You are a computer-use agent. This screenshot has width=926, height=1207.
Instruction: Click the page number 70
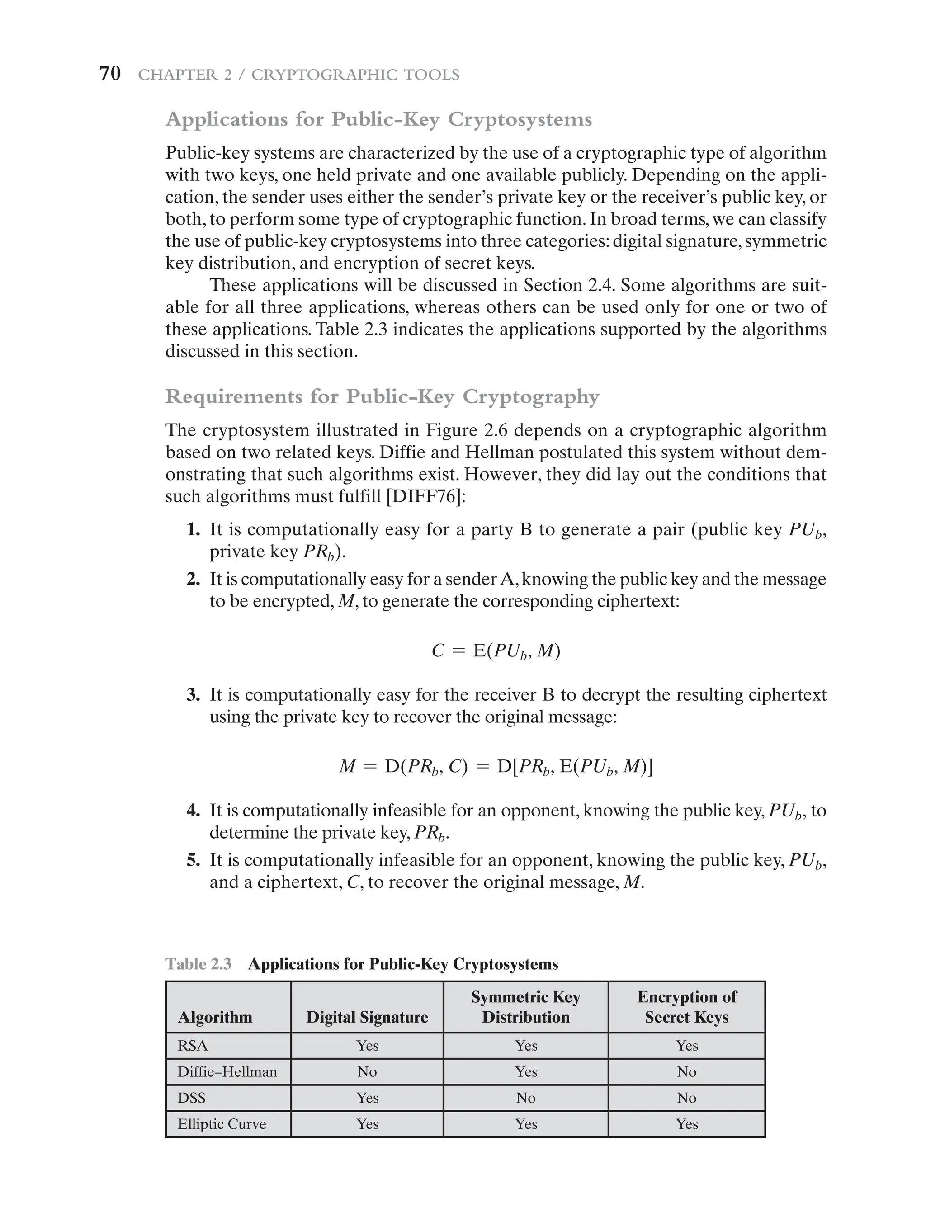click(x=110, y=74)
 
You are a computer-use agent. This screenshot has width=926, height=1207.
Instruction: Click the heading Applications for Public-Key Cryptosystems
click(x=378, y=119)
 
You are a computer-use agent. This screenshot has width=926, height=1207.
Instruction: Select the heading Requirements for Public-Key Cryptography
click(x=382, y=396)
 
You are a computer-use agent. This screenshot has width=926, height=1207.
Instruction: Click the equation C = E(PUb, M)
click(x=496, y=651)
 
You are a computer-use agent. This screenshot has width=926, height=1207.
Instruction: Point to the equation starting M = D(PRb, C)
click(x=496, y=767)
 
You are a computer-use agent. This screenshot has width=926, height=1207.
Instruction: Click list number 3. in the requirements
click(x=193, y=695)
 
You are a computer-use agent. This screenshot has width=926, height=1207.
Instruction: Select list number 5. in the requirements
click(x=193, y=860)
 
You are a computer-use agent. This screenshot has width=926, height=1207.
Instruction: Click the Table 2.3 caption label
click(x=198, y=964)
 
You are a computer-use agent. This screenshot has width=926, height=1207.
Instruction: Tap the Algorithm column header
click(x=215, y=1017)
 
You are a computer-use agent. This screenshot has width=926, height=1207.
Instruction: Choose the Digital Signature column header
click(x=367, y=1017)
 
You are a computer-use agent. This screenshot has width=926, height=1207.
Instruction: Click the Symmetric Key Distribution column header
click(x=526, y=1007)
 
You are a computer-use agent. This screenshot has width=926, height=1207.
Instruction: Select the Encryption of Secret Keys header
click(x=687, y=1007)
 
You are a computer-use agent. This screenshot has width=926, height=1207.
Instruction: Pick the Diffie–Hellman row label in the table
click(x=227, y=1071)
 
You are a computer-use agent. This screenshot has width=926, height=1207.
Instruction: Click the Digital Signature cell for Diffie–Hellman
click(x=367, y=1071)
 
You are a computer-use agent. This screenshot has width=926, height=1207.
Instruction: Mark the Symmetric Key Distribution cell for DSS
click(x=526, y=1098)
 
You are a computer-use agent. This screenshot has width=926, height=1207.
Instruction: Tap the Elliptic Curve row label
click(x=222, y=1124)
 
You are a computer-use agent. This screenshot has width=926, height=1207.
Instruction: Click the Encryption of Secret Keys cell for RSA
click(x=687, y=1046)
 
